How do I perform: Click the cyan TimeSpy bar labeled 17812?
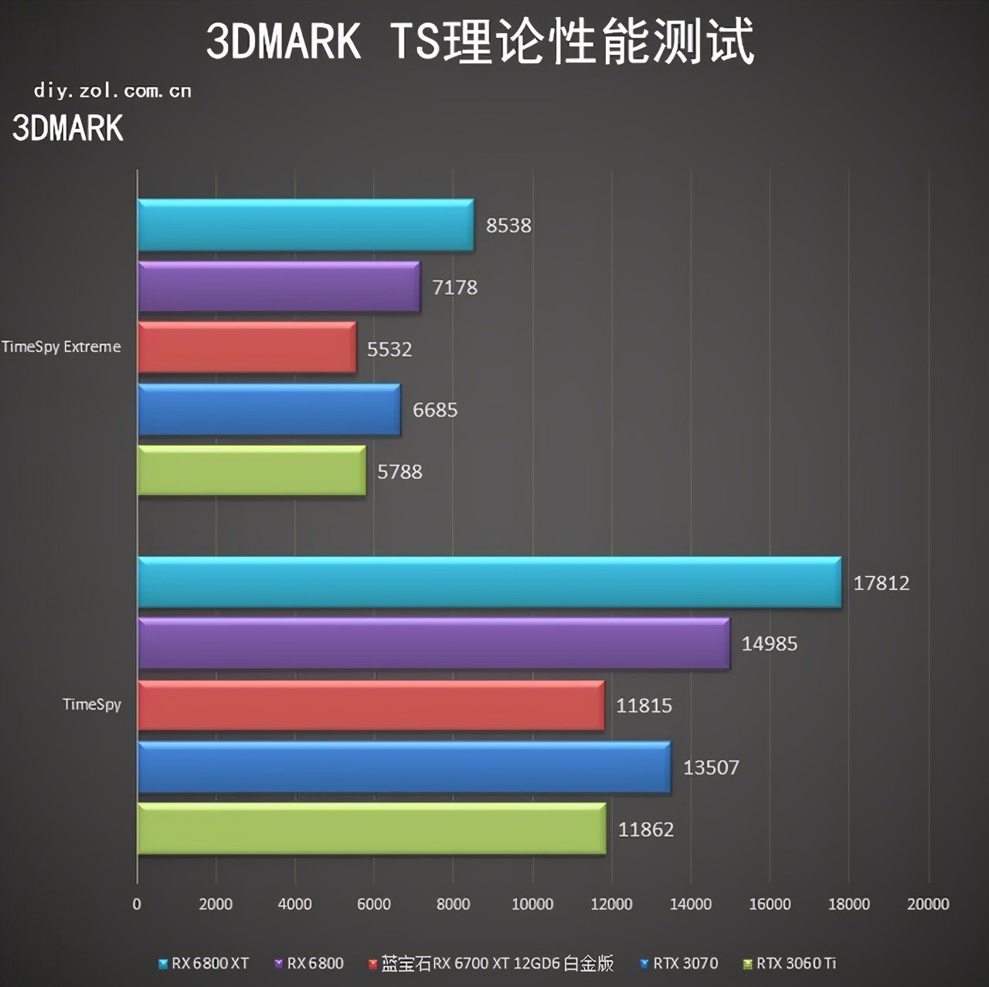[x=489, y=582]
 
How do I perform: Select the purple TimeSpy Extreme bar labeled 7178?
[x=278, y=287]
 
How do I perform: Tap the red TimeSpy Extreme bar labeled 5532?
[x=246, y=348]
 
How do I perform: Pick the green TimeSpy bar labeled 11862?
[x=371, y=829]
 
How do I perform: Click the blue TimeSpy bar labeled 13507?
[x=403, y=767]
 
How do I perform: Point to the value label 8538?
[x=508, y=226]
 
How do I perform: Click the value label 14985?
[x=769, y=643]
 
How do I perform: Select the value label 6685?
[x=435, y=410]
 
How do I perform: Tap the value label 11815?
[x=644, y=705]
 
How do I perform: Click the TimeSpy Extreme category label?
[x=61, y=347]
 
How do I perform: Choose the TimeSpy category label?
[x=92, y=704]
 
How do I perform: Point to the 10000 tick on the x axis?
[x=532, y=904]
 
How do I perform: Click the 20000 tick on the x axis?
[x=927, y=904]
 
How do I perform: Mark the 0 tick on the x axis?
[x=137, y=904]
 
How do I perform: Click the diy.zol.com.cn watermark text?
[x=113, y=91]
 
